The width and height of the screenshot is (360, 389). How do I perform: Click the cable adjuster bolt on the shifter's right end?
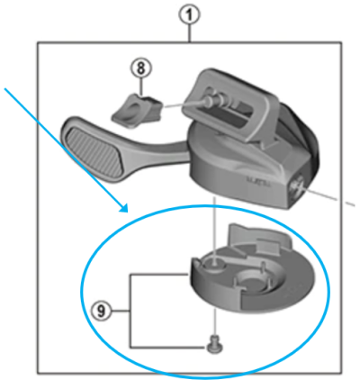pyautogui.click(x=296, y=185)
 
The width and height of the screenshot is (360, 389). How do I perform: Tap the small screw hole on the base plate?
pyautogui.click(x=212, y=262)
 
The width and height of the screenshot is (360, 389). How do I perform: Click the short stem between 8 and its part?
pyautogui.click(x=139, y=86)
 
